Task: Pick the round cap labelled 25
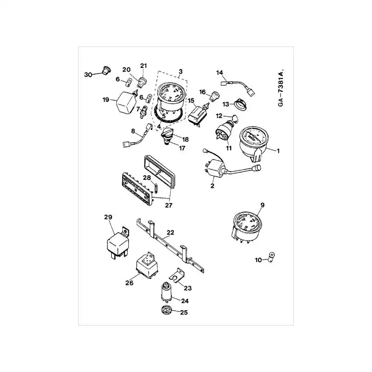[x=166, y=312]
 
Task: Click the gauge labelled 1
[x=253, y=139]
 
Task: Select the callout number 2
[x=212, y=186]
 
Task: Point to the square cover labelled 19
[x=124, y=101]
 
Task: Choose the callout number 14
[x=219, y=73]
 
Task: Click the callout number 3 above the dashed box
[x=180, y=71]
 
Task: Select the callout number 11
[x=228, y=148]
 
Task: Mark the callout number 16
[x=203, y=92]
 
